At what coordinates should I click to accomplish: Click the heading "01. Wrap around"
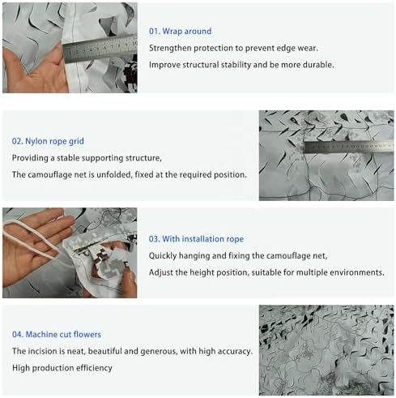click(180, 32)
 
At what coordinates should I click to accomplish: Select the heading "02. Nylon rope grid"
click(48, 141)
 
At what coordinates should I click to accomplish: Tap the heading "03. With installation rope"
click(196, 239)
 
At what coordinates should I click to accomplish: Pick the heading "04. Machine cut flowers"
click(57, 335)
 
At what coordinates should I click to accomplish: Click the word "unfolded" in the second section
click(114, 175)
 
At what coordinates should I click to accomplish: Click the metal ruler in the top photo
click(100, 49)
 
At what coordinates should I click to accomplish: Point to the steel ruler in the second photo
click(349, 147)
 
